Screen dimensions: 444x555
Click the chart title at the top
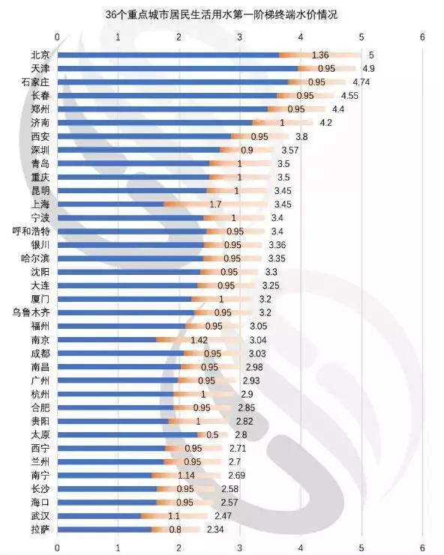(221, 14)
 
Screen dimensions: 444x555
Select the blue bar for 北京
(168, 55)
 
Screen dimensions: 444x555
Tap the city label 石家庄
(35, 82)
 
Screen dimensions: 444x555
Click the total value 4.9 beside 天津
(368, 68)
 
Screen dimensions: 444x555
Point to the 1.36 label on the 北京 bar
(320, 55)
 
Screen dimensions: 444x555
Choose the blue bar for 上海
(110, 204)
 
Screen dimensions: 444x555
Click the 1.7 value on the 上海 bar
(215, 204)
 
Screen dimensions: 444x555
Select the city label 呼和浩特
(31, 231)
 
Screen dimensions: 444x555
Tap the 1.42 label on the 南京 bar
(199, 340)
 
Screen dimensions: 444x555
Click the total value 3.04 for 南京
(258, 340)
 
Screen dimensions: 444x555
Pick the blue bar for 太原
(127, 434)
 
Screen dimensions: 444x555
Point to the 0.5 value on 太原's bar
(212, 434)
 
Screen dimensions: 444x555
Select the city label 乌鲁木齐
(31, 312)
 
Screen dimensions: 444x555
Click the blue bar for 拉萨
(104, 530)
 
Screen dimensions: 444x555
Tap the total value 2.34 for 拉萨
(215, 530)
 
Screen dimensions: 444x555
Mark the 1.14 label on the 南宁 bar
(187, 476)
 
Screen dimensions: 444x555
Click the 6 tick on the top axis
(422, 37)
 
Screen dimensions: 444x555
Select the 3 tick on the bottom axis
(240, 548)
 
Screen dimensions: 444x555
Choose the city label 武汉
(40, 516)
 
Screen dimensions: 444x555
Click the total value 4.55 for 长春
(349, 96)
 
